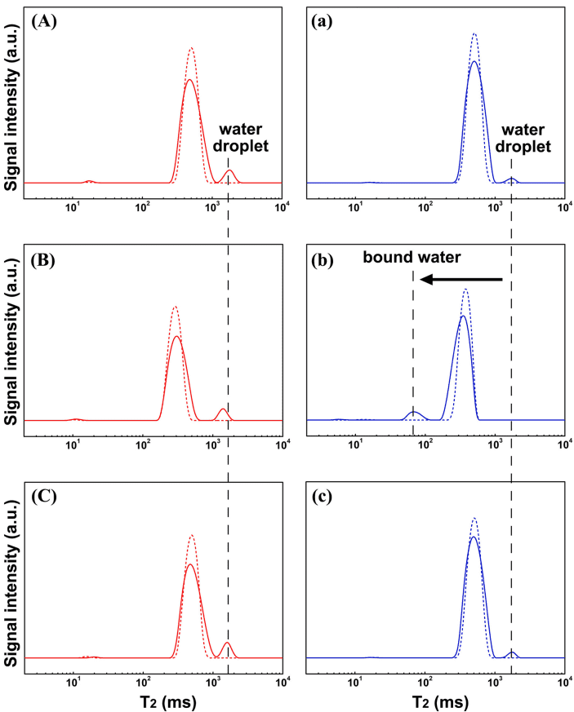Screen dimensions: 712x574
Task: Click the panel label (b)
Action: click(326, 261)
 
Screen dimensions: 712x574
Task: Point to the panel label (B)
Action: click(44, 261)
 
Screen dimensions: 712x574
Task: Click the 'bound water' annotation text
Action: click(412, 258)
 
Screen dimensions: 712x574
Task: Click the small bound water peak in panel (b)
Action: click(415, 413)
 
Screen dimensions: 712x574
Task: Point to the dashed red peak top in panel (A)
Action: click(191, 48)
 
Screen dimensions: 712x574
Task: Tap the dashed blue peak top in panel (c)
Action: click(474, 519)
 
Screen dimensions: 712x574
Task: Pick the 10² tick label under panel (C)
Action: click(144, 680)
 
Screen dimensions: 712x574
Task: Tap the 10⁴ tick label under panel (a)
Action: click(563, 206)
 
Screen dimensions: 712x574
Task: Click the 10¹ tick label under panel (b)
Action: click(356, 443)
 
